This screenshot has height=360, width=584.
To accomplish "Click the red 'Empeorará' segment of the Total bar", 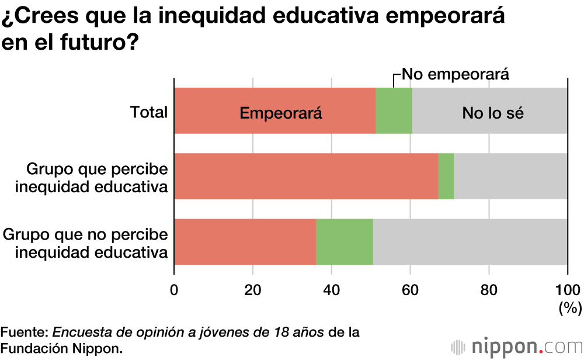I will pyautogui.click(x=274, y=111).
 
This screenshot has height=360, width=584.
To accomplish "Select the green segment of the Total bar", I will pyautogui.click(x=394, y=111).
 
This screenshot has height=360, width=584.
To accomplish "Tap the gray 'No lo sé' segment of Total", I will pyautogui.click(x=489, y=111).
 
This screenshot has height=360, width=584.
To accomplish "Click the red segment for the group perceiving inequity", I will pyautogui.click(x=305, y=176).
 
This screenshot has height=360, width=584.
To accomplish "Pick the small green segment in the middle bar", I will pyautogui.click(x=446, y=176).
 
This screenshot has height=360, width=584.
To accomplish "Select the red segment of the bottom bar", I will pyautogui.click(x=245, y=242).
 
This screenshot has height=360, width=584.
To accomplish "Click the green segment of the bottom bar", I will pyautogui.click(x=344, y=242).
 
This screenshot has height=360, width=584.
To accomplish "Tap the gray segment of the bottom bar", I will pyautogui.click(x=470, y=242).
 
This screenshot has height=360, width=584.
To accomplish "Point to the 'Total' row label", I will pyautogui.click(x=149, y=112).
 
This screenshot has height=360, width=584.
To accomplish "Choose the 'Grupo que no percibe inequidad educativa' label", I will pyautogui.click(x=86, y=243).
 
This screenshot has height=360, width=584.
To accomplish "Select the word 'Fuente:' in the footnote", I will pyautogui.click(x=25, y=333).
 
